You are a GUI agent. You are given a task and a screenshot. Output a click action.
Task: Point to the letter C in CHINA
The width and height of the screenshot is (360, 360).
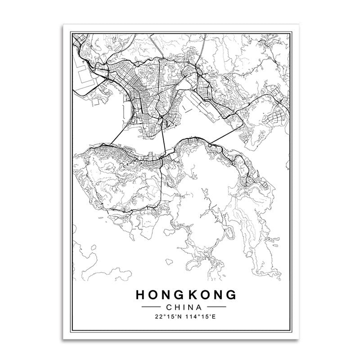[x=169, y=307]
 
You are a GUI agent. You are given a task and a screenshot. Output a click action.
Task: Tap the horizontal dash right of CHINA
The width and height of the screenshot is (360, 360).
[x=219, y=308]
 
